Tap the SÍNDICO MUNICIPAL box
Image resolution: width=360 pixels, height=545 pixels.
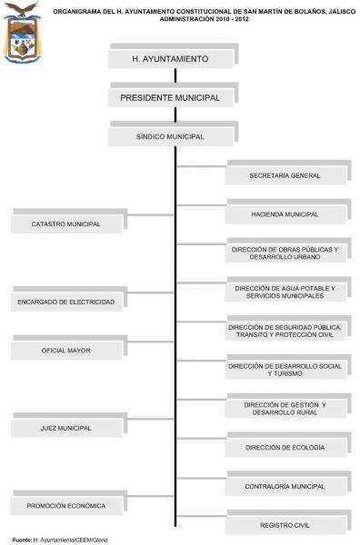(169, 136)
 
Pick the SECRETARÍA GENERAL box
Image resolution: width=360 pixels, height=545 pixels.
(285, 174)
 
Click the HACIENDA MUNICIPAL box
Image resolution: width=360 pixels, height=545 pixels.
(285, 214)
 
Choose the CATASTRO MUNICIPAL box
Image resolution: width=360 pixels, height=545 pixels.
(65, 223)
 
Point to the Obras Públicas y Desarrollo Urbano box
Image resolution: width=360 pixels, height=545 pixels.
(285, 253)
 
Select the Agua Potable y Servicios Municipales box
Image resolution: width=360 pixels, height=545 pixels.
(285, 292)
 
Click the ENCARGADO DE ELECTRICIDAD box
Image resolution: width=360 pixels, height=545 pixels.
(65, 301)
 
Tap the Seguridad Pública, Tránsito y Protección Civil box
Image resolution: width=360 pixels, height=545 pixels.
(285, 331)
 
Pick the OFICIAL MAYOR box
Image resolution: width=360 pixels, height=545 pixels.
(65, 350)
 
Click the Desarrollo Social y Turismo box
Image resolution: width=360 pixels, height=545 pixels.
(285, 370)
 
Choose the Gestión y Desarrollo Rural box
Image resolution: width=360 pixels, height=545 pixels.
(285, 408)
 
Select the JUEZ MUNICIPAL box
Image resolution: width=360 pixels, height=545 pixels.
(65, 427)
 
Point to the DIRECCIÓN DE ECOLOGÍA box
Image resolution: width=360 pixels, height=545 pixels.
(285, 448)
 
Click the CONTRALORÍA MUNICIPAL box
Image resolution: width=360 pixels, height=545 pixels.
(285, 487)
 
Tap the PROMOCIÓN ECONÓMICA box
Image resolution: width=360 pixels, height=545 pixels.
(65, 505)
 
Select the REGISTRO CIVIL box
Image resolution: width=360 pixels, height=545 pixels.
(285, 525)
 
